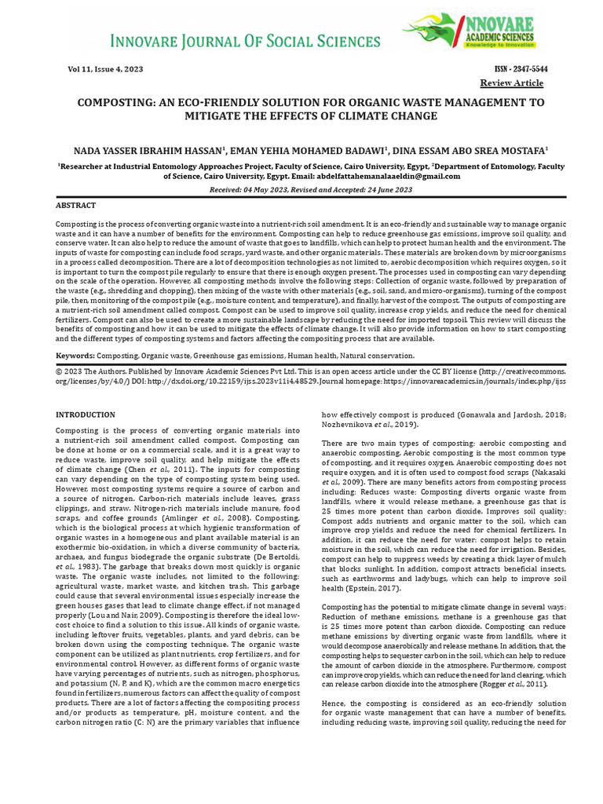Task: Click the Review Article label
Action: [513, 83]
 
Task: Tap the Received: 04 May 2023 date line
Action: [301, 190]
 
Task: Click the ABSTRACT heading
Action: [75, 205]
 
